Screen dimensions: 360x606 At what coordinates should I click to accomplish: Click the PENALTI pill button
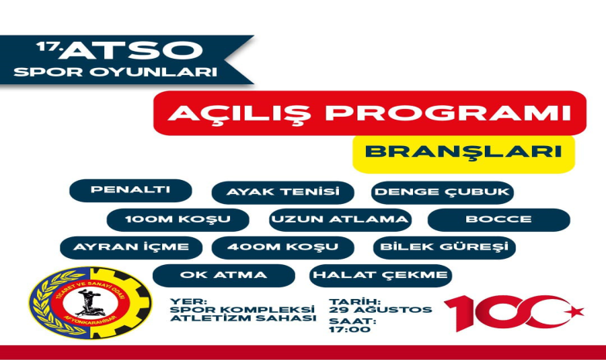click(x=119, y=190)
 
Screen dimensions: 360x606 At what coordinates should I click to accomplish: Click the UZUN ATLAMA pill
click(x=339, y=219)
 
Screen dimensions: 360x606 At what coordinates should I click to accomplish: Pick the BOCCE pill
click(x=498, y=219)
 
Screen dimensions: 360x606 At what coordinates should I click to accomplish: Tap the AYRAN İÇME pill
click(x=131, y=247)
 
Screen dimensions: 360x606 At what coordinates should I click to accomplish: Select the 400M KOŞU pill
click(x=283, y=247)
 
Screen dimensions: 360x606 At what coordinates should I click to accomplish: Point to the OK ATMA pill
click(x=224, y=275)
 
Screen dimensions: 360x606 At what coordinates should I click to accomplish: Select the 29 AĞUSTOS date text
click(x=381, y=310)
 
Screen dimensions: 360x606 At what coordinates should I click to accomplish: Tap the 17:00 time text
click(x=350, y=329)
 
